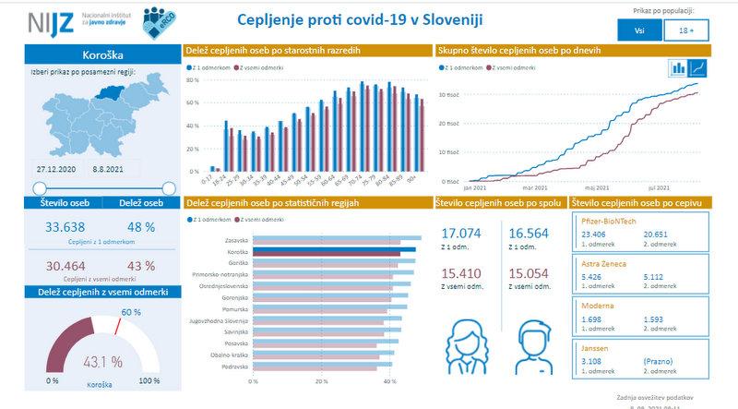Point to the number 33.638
tap(52, 228)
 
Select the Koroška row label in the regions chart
tap(238, 251)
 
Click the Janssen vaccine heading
tap(595, 348)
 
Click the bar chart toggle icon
tap(679, 67)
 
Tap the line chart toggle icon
tap(699, 67)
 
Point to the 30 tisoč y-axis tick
tap(449, 94)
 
